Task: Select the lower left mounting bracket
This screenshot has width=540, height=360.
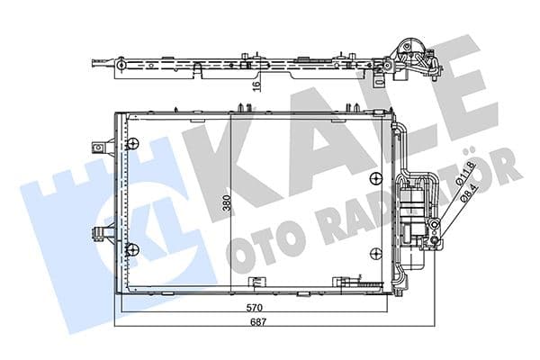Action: pyautogui.click(x=97, y=233)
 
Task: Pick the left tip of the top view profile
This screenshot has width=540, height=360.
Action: pyautogui.click(x=94, y=64)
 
